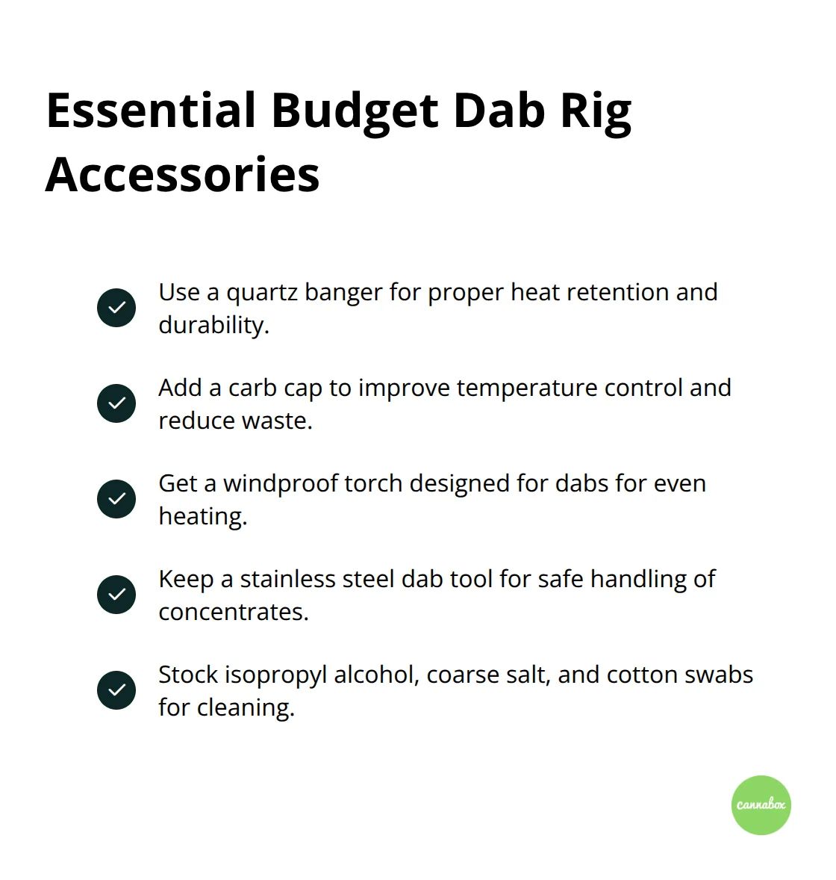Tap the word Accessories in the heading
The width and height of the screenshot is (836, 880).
[183, 175]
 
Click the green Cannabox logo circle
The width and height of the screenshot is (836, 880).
[761, 805]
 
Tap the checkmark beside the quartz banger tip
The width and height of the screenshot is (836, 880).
[116, 308]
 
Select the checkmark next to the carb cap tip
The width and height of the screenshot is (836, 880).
[116, 403]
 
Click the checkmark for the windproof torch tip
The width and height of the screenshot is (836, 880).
[116, 499]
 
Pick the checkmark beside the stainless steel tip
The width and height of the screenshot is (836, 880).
[116, 595]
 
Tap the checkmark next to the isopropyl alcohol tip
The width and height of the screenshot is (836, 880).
[116, 690]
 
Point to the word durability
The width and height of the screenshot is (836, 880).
[213, 325]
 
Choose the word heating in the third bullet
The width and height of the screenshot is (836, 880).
[202, 517]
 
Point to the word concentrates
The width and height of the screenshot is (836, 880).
[233, 613]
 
